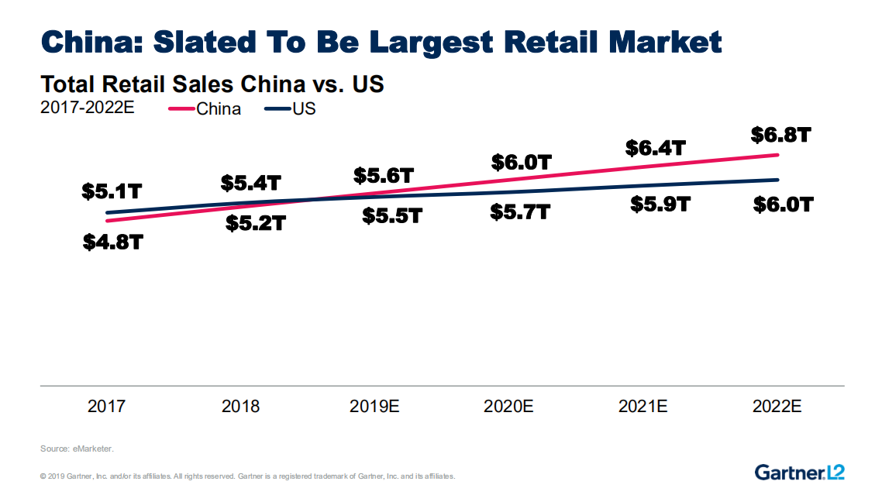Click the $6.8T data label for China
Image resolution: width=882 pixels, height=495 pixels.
click(780, 136)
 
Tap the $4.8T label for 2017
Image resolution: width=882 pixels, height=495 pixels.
click(113, 242)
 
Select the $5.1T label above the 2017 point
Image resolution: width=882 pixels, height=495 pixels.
click(112, 191)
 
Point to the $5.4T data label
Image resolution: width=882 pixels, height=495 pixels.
click(250, 184)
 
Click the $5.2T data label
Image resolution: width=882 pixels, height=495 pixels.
click(256, 224)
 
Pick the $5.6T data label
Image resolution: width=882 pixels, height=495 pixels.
click(384, 176)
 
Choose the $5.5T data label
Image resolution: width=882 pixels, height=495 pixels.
click(392, 216)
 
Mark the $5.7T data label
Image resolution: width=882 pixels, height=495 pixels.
click(520, 211)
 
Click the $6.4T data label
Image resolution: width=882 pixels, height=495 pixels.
click(656, 147)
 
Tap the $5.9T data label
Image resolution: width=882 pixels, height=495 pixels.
click(660, 205)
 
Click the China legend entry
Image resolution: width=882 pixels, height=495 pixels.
click(205, 109)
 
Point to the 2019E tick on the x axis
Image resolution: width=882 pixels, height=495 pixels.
click(374, 406)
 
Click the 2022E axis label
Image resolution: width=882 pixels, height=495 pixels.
click(777, 406)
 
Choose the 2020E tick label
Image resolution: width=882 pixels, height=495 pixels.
click(508, 406)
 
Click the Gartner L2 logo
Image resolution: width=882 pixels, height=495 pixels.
click(799, 471)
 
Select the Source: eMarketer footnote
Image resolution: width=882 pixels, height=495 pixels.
click(77, 449)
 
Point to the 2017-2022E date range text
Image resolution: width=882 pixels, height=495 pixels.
click(87, 108)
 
